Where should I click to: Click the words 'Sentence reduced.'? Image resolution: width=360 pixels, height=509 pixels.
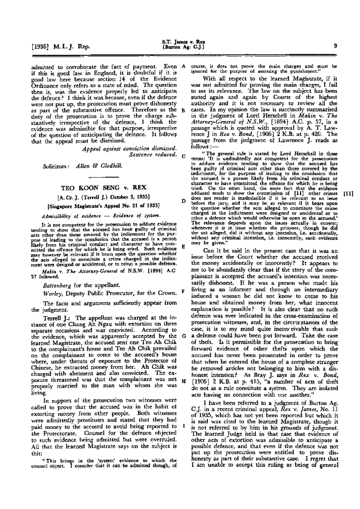pos(152,154)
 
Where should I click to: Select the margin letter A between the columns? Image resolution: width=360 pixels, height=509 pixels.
pos(183,66)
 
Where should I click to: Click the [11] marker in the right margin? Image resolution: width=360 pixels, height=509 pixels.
pos(349,194)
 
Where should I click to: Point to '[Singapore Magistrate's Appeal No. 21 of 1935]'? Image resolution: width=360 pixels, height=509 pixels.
pos(103,206)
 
